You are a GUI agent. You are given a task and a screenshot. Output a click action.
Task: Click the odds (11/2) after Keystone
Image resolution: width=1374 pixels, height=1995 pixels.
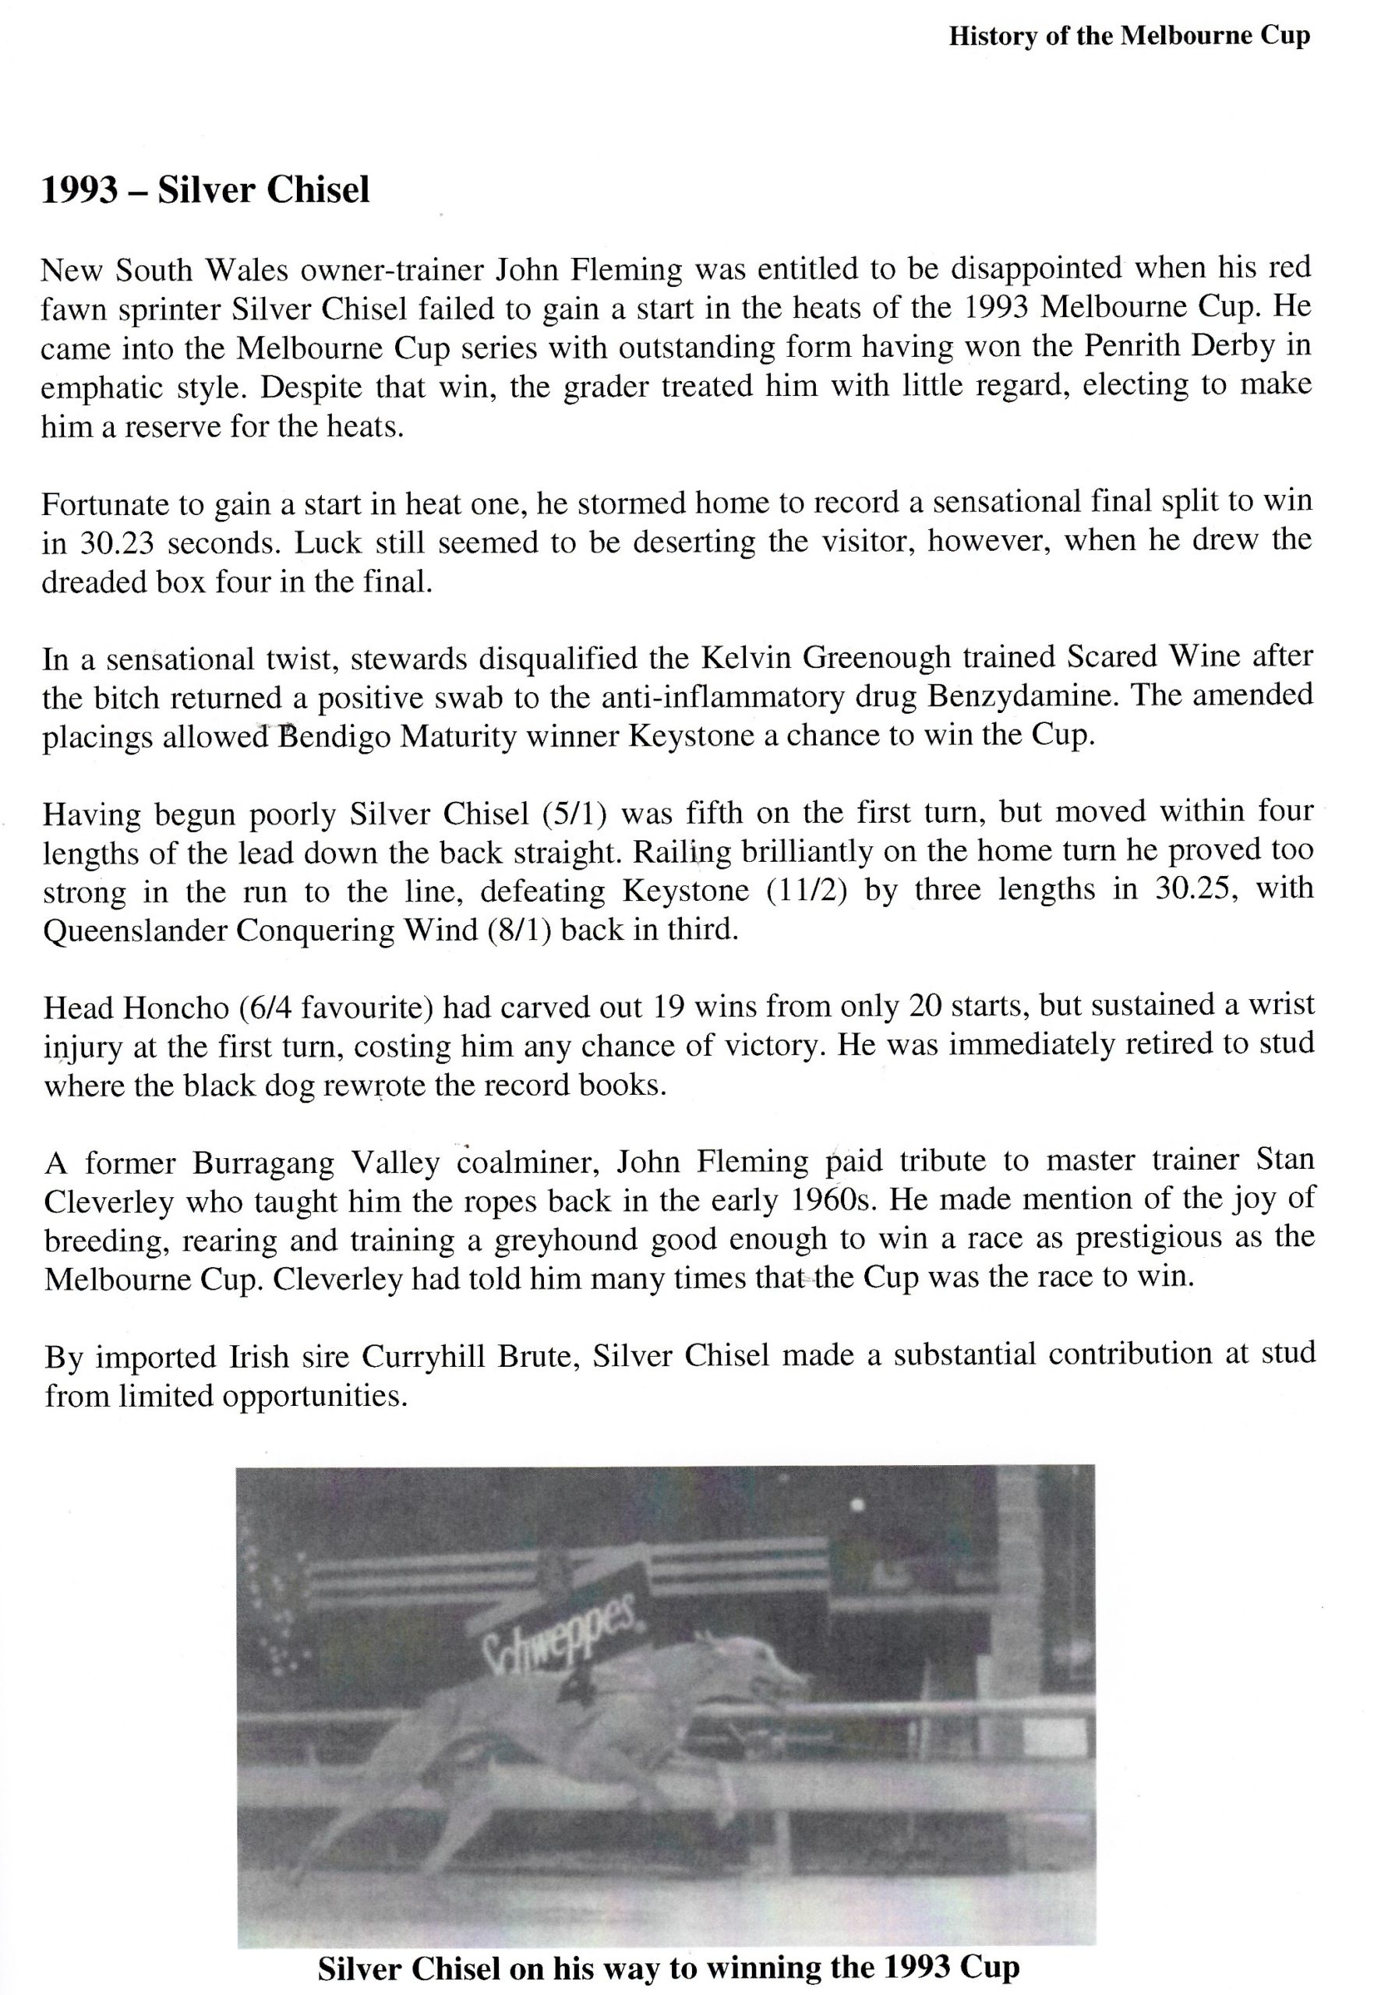coord(807,890)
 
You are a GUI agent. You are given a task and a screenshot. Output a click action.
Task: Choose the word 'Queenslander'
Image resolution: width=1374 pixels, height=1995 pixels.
coord(133,931)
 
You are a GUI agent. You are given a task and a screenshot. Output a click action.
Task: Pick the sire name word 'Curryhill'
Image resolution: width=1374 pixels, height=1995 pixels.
coord(421,1358)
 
